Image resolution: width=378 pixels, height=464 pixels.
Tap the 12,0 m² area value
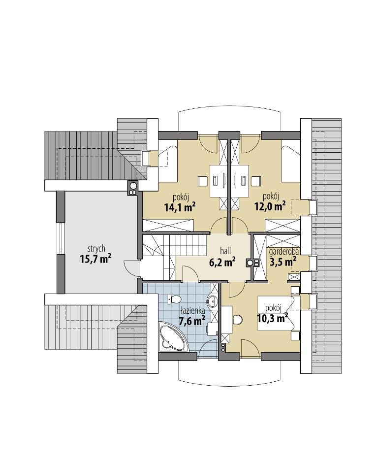tap(270, 206)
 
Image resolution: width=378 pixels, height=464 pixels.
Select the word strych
tap(96, 249)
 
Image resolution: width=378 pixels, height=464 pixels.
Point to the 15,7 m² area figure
tap(95, 259)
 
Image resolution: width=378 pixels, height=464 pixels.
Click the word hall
tap(225, 251)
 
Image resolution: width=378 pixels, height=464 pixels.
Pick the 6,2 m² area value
tap(222, 262)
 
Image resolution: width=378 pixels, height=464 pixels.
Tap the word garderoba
tap(283, 252)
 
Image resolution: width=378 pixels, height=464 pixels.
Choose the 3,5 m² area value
tap(283, 262)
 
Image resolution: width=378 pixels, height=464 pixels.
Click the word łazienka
tap(193, 311)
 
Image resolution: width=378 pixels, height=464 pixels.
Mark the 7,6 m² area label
tap(192, 321)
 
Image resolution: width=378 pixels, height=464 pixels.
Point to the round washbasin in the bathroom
tap(212, 302)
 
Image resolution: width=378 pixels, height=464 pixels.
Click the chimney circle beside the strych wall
tap(133, 186)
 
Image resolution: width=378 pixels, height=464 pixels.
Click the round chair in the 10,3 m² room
tap(238, 320)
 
